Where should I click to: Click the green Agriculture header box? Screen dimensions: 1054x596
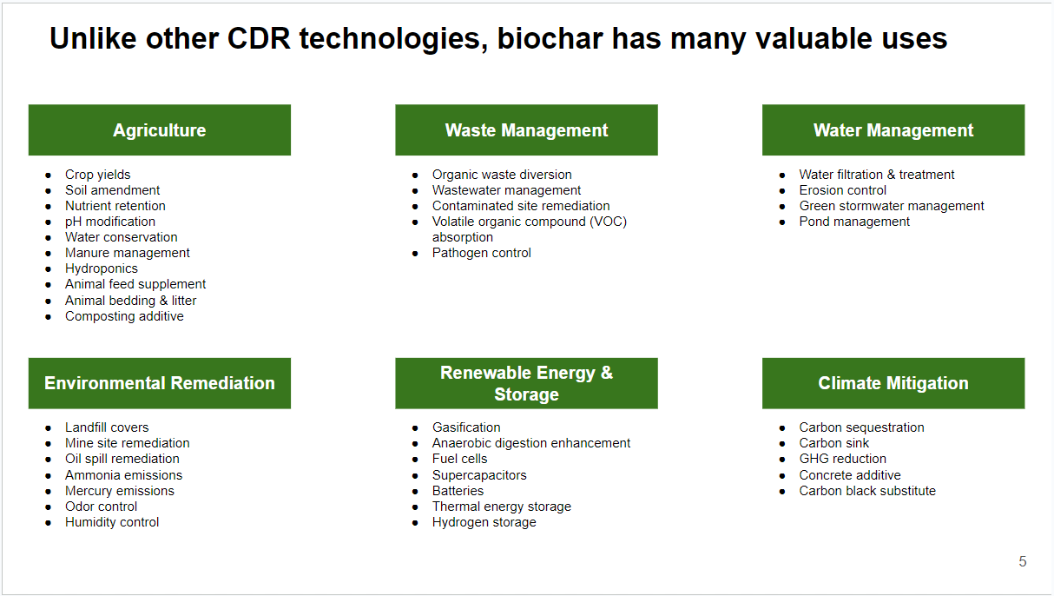(x=160, y=130)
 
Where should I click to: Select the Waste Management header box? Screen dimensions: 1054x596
(x=526, y=130)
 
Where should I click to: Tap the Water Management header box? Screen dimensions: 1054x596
(x=893, y=130)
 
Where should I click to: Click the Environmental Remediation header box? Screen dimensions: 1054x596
(x=160, y=383)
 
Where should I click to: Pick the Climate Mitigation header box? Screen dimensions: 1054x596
(x=893, y=383)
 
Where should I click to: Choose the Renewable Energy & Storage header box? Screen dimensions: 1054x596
(x=526, y=383)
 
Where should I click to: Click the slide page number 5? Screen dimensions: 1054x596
(x=1023, y=561)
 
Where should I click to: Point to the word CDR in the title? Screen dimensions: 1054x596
(x=259, y=38)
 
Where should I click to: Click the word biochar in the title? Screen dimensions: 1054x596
(x=550, y=38)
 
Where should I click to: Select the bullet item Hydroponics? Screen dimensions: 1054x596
(x=102, y=268)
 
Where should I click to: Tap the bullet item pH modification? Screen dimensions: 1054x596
(x=110, y=222)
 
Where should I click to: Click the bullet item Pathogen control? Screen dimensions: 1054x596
(x=481, y=253)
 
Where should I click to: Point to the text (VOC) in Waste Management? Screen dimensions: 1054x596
(x=608, y=222)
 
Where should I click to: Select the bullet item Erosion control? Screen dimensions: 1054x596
(x=842, y=190)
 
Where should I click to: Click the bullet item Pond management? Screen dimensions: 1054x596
(x=854, y=222)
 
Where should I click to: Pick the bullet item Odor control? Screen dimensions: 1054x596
(x=101, y=507)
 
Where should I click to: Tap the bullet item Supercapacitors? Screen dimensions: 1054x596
(x=479, y=475)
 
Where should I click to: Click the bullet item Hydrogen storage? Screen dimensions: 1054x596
(x=484, y=522)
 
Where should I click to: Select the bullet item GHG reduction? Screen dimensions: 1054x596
(x=842, y=459)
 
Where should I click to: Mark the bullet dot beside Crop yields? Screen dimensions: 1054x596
(x=48, y=175)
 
